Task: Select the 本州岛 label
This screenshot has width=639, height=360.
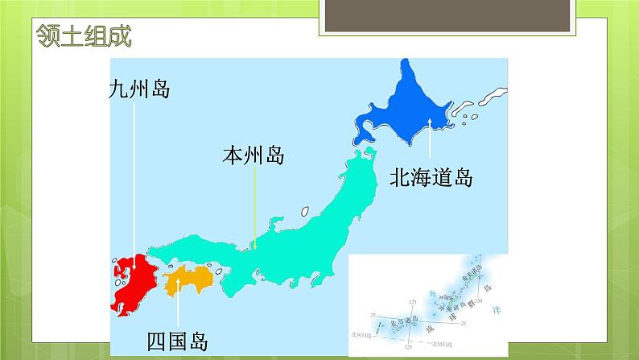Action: [254, 155]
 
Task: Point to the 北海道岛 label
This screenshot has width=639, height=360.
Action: [431, 177]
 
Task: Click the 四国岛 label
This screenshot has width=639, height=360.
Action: [177, 341]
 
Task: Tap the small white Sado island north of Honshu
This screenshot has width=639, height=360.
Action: [305, 210]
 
